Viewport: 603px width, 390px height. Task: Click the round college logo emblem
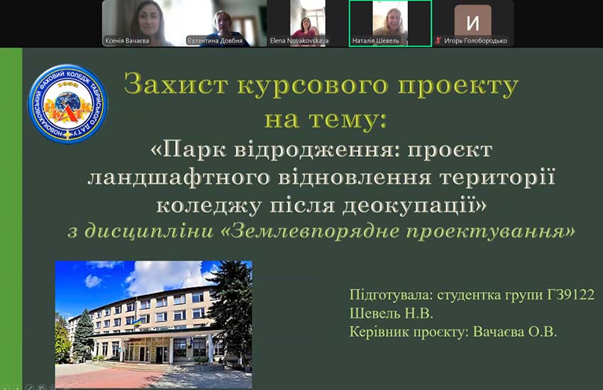pyautogui.click(x=68, y=104)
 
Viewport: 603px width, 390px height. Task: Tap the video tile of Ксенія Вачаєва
pyautogui.click(x=143, y=23)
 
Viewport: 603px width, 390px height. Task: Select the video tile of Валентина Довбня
pyautogui.click(x=225, y=23)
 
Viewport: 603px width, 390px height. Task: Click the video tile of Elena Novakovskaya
pyautogui.click(x=307, y=23)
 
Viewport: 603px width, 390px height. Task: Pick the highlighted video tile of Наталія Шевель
pyautogui.click(x=389, y=23)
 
